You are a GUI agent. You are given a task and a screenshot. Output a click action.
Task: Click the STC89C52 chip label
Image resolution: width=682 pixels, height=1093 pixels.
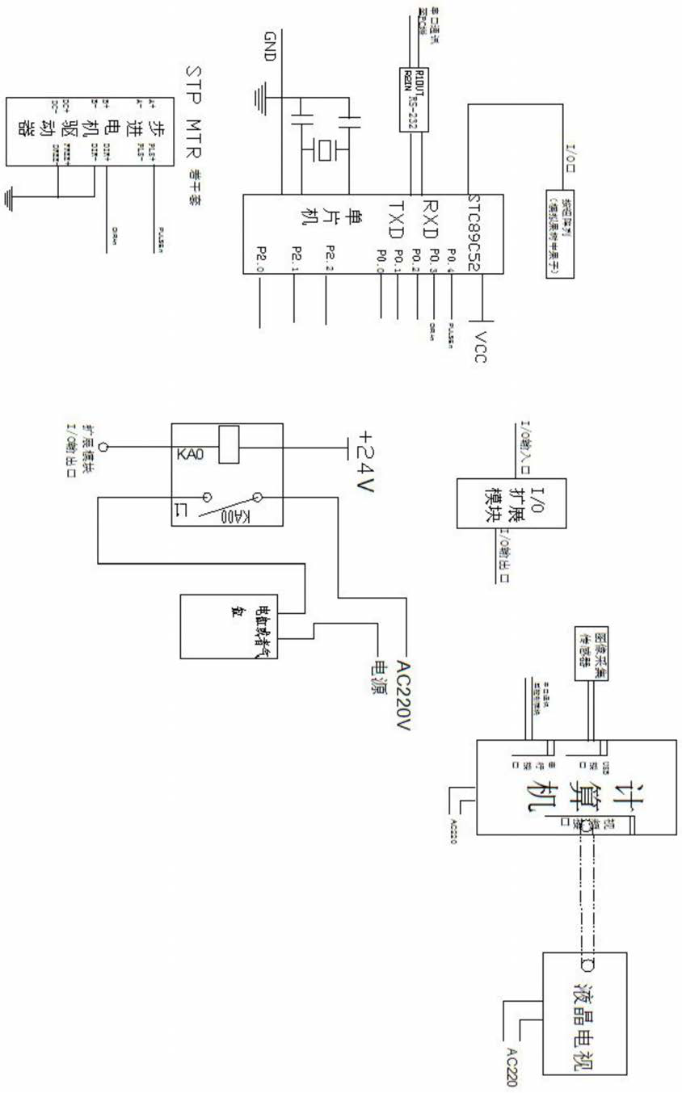point(480,234)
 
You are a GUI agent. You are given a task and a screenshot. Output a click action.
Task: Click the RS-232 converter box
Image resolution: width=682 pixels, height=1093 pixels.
point(414,99)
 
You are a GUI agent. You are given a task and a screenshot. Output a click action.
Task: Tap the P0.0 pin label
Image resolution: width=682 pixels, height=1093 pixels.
point(380,262)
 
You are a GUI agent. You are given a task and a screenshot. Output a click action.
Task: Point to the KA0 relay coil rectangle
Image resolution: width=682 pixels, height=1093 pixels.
point(229,444)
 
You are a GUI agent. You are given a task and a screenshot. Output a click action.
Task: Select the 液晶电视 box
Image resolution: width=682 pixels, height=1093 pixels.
point(584,1013)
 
